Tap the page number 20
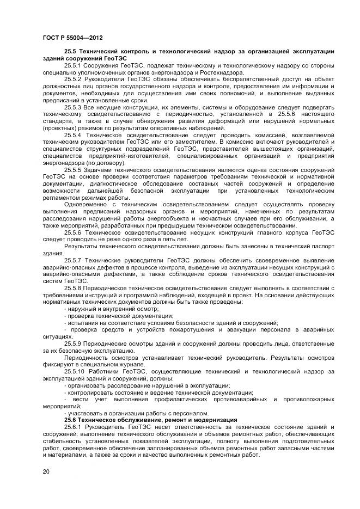point(46,471)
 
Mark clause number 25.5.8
point(73,288)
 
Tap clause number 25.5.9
point(73,344)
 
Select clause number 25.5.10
point(75,371)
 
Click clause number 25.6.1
point(73,427)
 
